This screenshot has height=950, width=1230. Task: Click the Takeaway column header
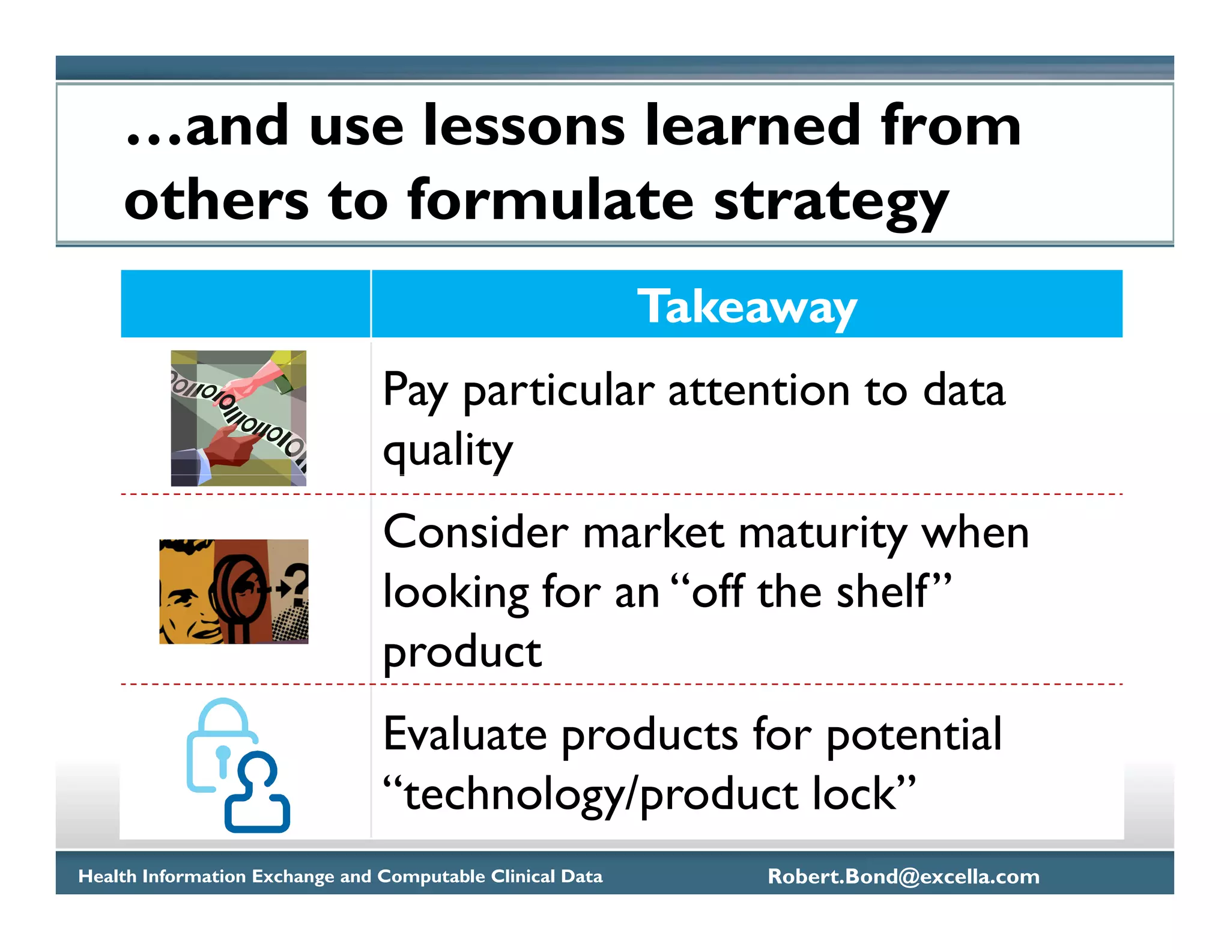(x=747, y=306)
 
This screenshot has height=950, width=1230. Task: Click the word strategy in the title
(x=831, y=202)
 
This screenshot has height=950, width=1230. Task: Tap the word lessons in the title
(x=524, y=126)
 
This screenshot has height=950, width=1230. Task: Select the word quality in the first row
(x=448, y=450)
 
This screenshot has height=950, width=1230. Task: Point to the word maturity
(x=823, y=533)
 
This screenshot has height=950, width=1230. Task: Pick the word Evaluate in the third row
(x=465, y=734)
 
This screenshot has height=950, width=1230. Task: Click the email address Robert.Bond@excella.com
(x=903, y=876)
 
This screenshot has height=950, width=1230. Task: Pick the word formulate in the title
(x=550, y=202)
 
